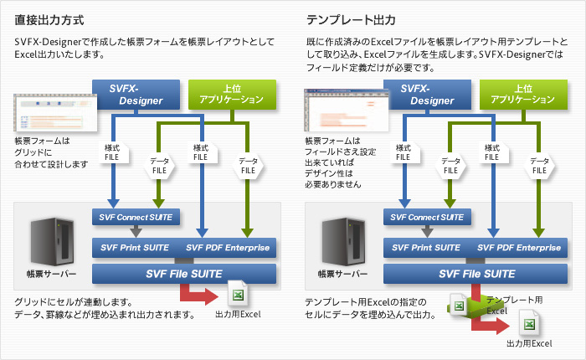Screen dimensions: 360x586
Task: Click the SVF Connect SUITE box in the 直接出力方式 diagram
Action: click(x=136, y=218)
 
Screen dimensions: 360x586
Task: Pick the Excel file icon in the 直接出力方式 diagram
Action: click(x=238, y=296)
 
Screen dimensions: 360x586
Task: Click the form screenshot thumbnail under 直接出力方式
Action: click(x=50, y=114)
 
